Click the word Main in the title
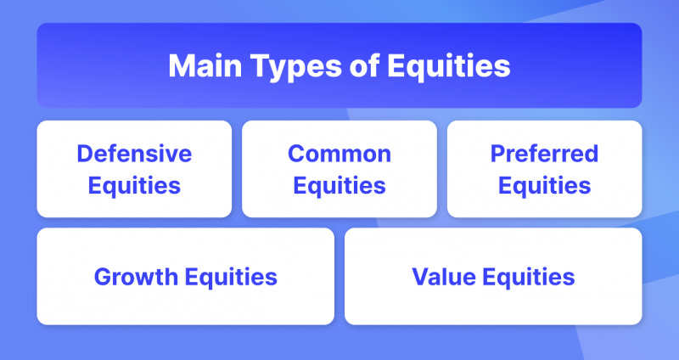[205, 66]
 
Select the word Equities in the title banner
[449, 68]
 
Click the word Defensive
[134, 154]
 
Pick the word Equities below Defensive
[134, 186]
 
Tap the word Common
[339, 154]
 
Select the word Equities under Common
[339, 186]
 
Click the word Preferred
[544, 154]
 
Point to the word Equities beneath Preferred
[544, 186]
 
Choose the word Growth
[136, 277]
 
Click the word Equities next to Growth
[231, 278]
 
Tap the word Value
[444, 277]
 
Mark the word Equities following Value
[529, 278]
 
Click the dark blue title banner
[339, 65]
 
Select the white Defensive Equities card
[134, 169]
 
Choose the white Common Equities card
[339, 169]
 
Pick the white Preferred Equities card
[544, 169]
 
